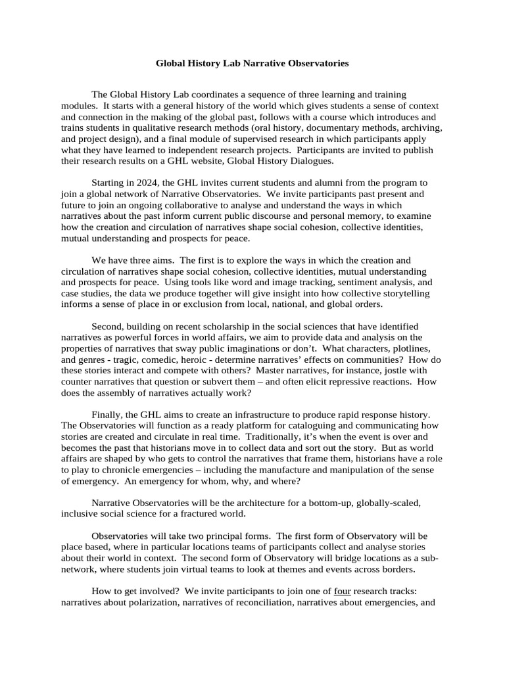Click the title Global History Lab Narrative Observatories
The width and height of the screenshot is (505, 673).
pyautogui.click(x=252, y=64)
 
